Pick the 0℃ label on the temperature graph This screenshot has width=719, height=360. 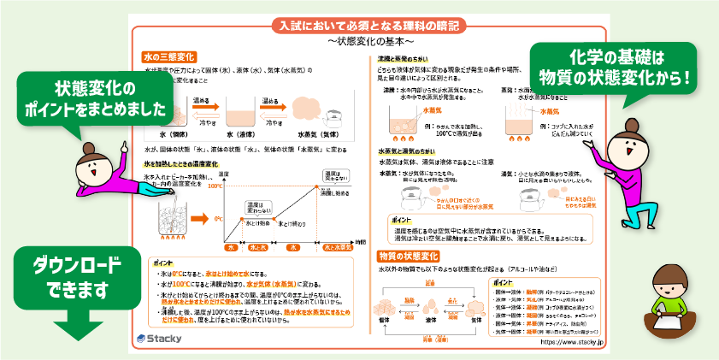[217, 218]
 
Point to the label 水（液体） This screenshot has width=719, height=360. [247, 134]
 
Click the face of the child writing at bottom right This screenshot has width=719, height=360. [672, 286]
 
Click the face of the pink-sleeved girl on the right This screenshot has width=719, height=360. [631, 140]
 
